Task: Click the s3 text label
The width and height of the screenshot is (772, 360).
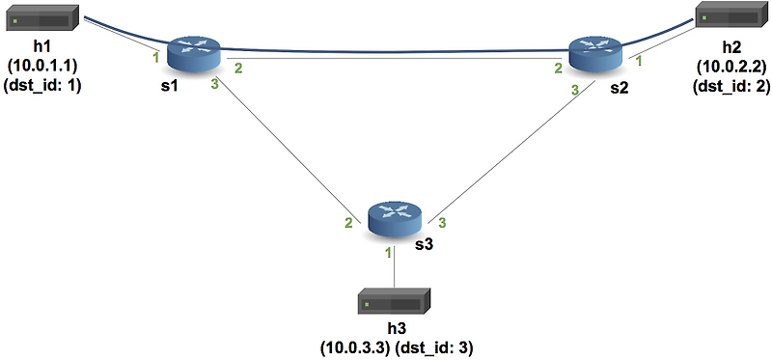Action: click(424, 245)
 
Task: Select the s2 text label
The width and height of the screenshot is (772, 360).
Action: click(619, 87)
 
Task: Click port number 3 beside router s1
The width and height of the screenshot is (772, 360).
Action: click(216, 85)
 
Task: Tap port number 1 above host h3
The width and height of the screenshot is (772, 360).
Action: click(388, 253)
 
